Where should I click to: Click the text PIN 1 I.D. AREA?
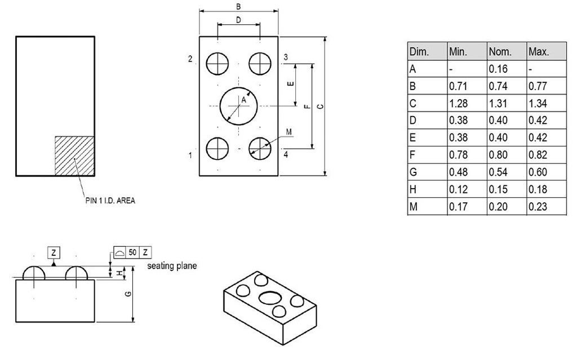110,199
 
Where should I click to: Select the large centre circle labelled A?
238,105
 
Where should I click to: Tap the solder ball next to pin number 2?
216,63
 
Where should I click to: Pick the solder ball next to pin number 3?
260,63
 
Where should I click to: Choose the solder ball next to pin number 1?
216,149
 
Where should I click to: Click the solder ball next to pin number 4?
260,149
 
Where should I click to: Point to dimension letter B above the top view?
238,7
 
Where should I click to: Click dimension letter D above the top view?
238,20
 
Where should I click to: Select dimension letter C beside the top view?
320,106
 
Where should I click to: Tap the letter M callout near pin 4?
288,132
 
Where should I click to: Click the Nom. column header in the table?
500,52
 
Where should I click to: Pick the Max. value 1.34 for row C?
538,103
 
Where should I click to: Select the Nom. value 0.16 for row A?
498,69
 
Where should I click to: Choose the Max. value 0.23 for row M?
538,207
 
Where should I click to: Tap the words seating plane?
172,265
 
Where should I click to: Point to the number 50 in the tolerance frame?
132,251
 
